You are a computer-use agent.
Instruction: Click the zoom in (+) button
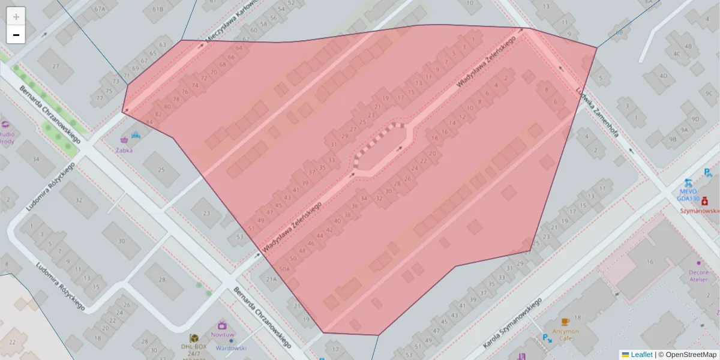pyautogui.click(x=16, y=16)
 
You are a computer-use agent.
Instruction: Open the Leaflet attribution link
pyautogui.click(x=641, y=355)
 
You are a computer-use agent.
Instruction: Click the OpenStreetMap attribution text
pyautogui.click(x=687, y=355)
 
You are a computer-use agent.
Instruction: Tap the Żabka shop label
pyautogui.click(x=125, y=149)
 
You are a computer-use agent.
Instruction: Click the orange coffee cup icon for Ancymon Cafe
pyautogui.click(x=565, y=322)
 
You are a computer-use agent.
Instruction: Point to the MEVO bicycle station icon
pyautogui.click(x=688, y=182)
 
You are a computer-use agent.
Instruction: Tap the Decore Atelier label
pyautogui.click(x=698, y=275)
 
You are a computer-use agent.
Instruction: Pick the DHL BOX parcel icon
pyautogui.click(x=194, y=338)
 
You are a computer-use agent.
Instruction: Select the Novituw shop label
pyautogui.click(x=223, y=335)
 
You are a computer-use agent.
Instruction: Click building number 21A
pyautogui.click(x=271, y=278)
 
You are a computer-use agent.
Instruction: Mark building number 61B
pyautogui.click(x=158, y=9)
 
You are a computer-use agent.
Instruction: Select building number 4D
pyautogui.click(x=663, y=76)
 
